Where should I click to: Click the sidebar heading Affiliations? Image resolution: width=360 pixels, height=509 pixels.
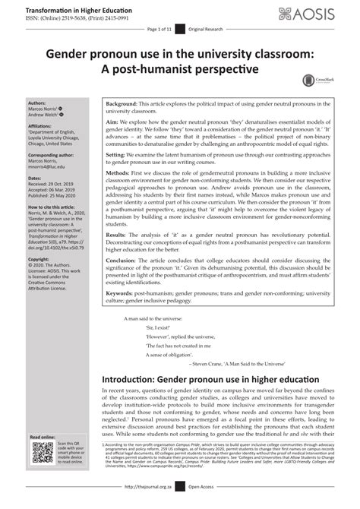pyautogui.click(x=41, y=122)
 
